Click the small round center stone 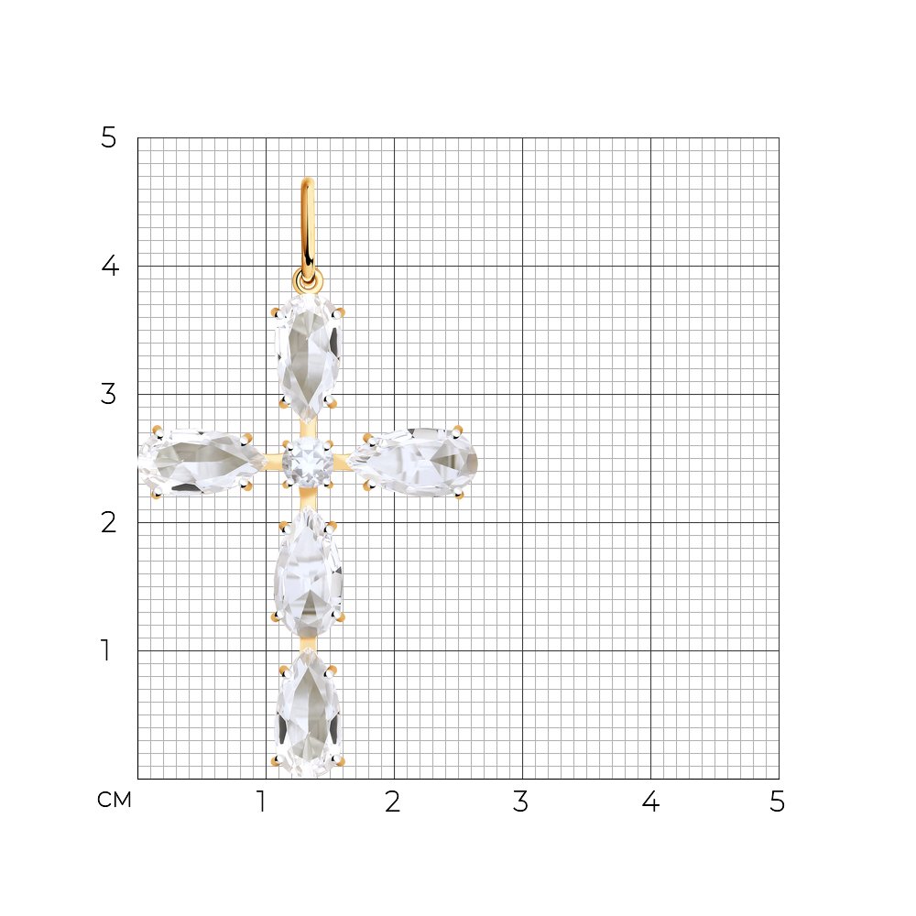point(308,463)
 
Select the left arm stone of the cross point(202,462)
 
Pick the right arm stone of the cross point(414,462)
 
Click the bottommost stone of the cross point(307,712)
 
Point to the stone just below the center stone point(308,572)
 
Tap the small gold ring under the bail point(307,281)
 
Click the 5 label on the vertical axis point(109,138)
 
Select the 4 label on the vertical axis point(110,266)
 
